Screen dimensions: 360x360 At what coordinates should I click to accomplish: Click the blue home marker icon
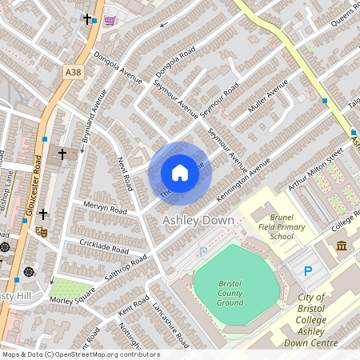pyautogui.click(x=180, y=173)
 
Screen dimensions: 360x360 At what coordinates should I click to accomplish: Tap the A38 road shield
pyautogui.click(x=72, y=72)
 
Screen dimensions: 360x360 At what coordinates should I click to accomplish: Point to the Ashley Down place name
pyautogui.click(x=198, y=220)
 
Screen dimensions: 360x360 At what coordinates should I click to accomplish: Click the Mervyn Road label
pyautogui.click(x=106, y=210)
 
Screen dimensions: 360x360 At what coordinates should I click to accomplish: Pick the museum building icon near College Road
pyautogui.click(x=342, y=245)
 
